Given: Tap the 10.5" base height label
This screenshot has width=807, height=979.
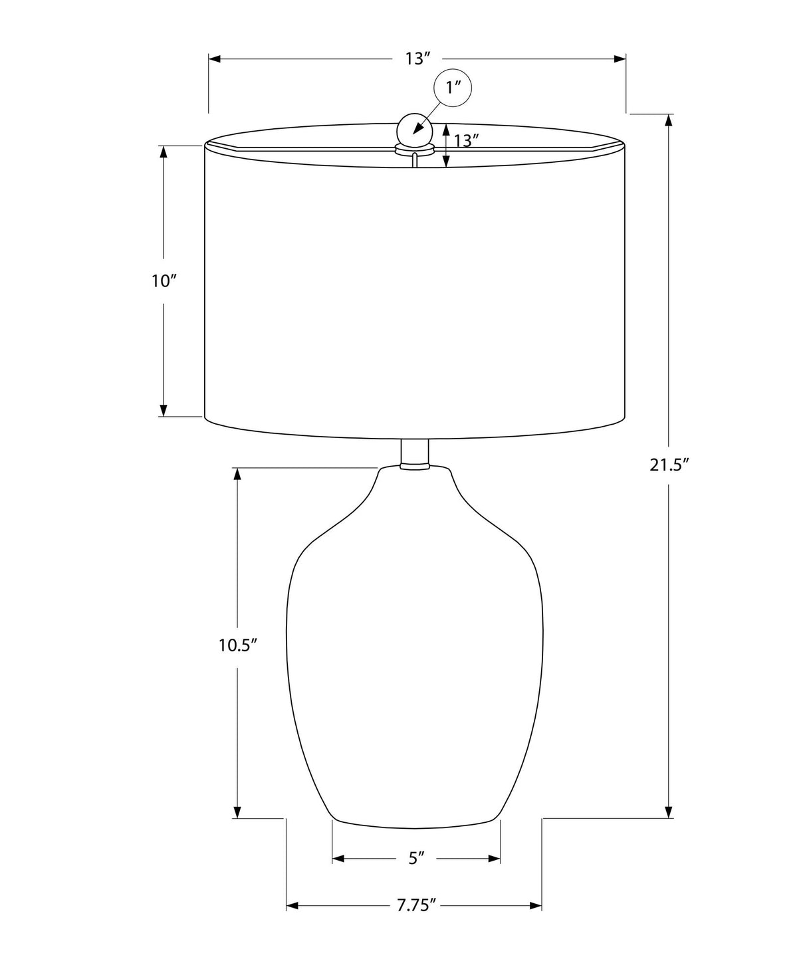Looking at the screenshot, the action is (238, 645).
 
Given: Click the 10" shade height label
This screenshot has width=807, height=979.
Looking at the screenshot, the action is (163, 281).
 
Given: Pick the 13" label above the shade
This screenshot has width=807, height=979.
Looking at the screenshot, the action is (417, 59).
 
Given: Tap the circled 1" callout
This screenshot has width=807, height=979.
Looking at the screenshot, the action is (453, 88).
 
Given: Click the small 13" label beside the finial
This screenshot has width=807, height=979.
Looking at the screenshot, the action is (466, 141).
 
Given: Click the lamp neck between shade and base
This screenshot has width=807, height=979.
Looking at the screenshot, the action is (415, 454).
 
